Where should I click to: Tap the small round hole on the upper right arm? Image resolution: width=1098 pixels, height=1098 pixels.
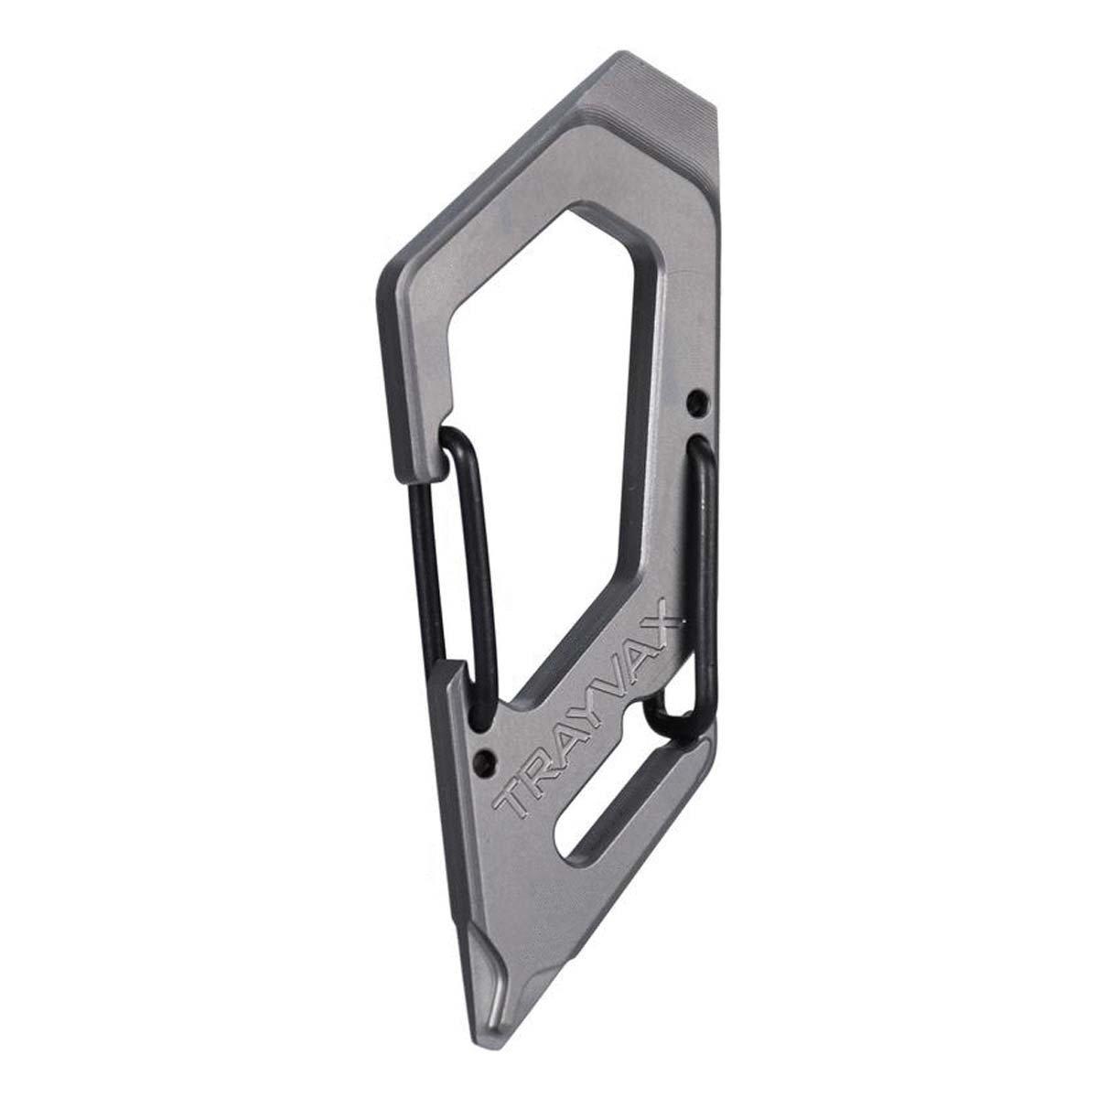tap(694, 401)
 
